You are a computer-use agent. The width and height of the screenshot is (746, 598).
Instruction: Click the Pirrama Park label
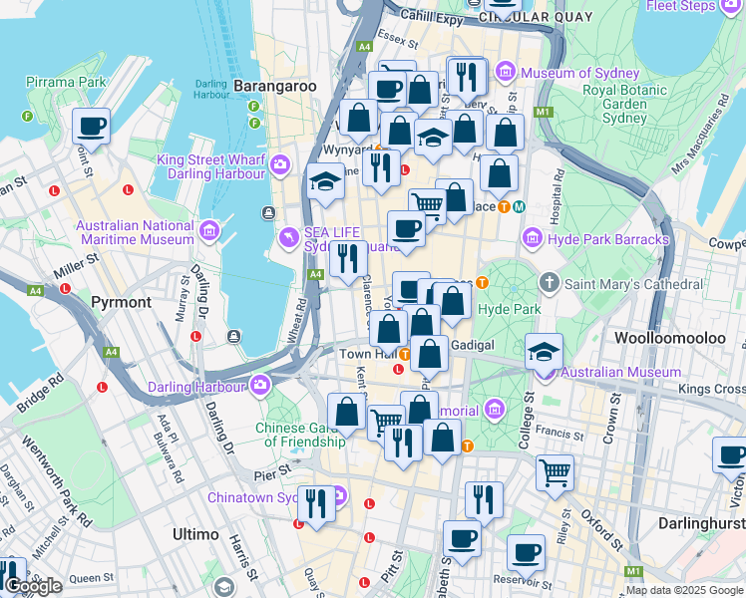coord(66,81)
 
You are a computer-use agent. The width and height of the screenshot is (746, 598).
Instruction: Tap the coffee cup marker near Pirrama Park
coord(91,127)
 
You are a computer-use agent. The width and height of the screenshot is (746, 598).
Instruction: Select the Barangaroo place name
coord(274,87)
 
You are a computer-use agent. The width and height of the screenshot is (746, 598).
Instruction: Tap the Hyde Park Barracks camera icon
coord(532,239)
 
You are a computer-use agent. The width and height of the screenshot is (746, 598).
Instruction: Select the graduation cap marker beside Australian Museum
coord(545,352)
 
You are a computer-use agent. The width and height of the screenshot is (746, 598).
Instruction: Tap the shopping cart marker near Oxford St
coord(555,472)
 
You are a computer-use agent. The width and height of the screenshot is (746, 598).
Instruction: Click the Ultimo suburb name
coord(195,534)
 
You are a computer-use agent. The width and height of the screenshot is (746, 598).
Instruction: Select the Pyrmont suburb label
coord(121,301)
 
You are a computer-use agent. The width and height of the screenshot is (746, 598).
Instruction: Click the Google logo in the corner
coord(33,586)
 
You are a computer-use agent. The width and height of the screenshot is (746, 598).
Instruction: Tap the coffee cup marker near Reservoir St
coord(526,553)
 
